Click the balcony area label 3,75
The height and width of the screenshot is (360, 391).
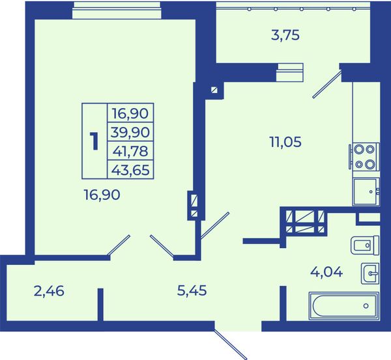click(x=285, y=35)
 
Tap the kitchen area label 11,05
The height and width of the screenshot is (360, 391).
click(x=285, y=142)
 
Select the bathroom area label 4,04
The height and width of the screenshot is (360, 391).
click(x=326, y=272)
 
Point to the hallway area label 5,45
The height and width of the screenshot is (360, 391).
click(x=192, y=290)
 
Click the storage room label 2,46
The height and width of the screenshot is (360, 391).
click(x=49, y=291)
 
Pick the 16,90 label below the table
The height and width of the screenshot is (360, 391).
click(x=102, y=195)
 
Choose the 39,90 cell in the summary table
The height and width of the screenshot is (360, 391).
click(x=130, y=132)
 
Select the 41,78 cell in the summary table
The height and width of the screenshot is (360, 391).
click(x=130, y=151)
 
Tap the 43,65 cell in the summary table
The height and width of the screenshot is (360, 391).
click(x=130, y=170)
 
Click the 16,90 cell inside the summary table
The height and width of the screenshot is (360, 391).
click(x=130, y=113)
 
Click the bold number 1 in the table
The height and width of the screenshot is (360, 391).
click(x=94, y=141)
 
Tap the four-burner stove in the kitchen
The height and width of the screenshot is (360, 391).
click(x=364, y=156)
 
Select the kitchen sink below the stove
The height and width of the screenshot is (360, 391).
click(x=366, y=192)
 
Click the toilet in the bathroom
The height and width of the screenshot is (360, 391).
click(x=365, y=245)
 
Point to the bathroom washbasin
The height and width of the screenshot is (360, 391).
click(x=370, y=273)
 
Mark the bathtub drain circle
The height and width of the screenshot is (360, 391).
click(x=366, y=306)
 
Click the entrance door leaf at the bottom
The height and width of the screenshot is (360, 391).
click(x=230, y=344)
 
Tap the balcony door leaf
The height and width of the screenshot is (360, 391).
click(x=327, y=84)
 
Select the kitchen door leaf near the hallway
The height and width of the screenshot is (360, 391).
click(x=214, y=225)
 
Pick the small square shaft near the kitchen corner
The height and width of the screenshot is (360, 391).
click(x=214, y=89)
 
